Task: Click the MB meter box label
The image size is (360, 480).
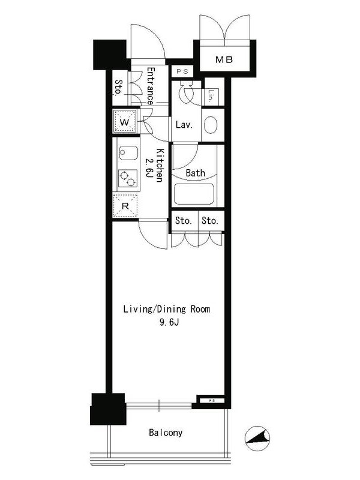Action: click(224, 59)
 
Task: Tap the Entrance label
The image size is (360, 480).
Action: click(151, 86)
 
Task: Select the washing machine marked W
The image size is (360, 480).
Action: click(125, 121)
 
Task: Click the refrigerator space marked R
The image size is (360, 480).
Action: click(125, 206)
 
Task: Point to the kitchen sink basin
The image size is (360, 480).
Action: click(128, 153)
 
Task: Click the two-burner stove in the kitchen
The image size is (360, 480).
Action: click(128, 178)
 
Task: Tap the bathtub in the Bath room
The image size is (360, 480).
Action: click(194, 194)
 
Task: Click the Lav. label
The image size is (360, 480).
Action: click(184, 125)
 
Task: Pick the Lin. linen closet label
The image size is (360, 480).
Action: click(211, 95)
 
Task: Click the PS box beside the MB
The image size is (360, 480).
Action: click(182, 71)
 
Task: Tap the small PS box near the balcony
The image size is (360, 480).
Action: click(212, 400)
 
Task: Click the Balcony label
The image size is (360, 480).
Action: click(166, 433)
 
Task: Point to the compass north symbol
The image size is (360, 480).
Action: click(257, 439)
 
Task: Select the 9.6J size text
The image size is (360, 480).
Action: click(169, 322)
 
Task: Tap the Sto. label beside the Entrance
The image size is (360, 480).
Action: click(119, 87)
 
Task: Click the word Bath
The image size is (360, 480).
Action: click(196, 173)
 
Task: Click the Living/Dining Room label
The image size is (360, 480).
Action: click(167, 309)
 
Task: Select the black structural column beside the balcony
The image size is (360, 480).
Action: click(108, 409)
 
